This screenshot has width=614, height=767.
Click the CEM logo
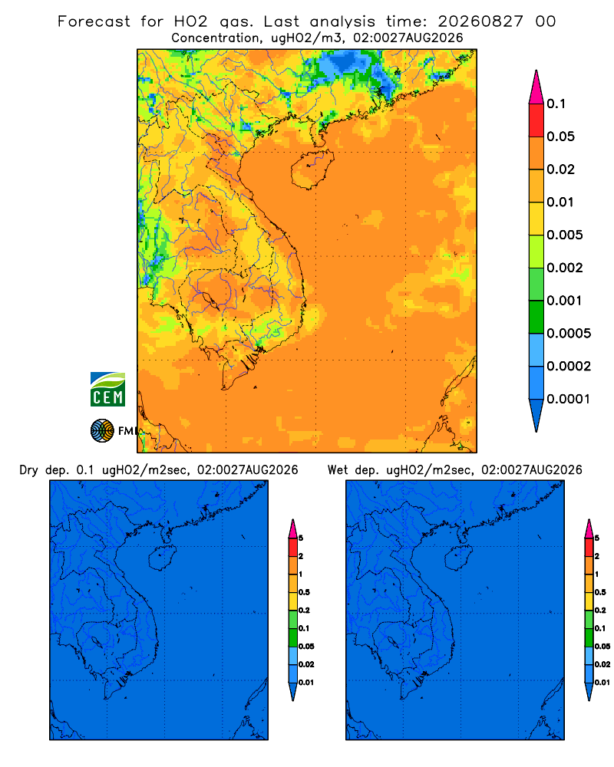(x=107, y=389)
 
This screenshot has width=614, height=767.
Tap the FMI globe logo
(x=102, y=430)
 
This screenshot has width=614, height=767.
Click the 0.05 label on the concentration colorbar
(x=560, y=137)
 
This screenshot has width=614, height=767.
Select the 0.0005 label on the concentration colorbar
(x=569, y=334)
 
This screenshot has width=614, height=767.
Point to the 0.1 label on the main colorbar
(x=556, y=104)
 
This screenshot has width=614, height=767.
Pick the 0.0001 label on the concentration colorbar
(x=569, y=399)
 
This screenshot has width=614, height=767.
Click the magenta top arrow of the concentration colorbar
(x=536, y=87)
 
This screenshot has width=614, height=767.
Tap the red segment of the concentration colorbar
(x=536, y=120)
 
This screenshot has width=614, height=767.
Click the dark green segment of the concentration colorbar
(x=536, y=317)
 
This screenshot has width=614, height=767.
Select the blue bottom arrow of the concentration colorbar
(x=536, y=415)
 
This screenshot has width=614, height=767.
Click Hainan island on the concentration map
(x=312, y=170)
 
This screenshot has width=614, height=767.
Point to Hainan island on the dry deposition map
(x=162, y=558)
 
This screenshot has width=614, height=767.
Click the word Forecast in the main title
(x=94, y=21)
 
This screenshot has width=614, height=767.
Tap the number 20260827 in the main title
(x=480, y=21)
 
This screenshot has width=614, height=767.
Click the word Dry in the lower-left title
(x=28, y=470)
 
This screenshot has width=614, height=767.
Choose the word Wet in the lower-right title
(x=338, y=470)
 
